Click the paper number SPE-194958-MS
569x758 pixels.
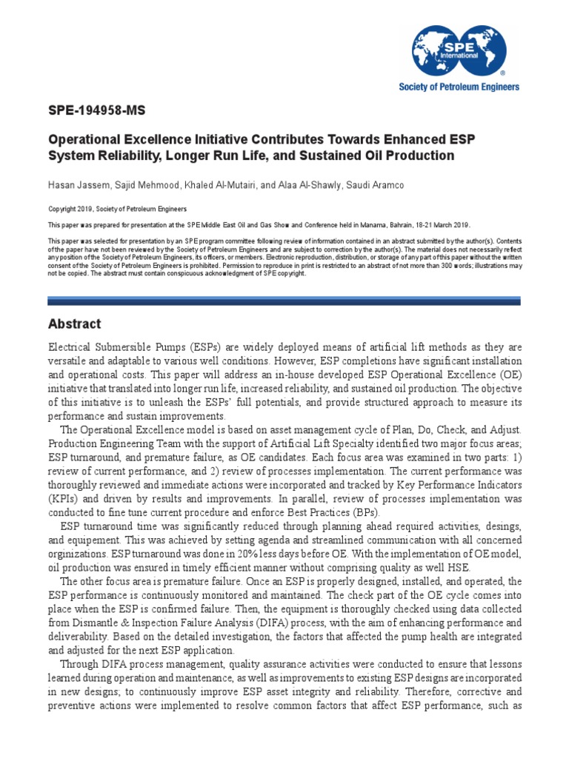pyautogui.click(x=97, y=111)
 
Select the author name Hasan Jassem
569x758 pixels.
pyautogui.click(x=78, y=184)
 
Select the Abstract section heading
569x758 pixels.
pyautogui.click(x=74, y=324)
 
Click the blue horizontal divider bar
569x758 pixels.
pyautogui.click(x=284, y=301)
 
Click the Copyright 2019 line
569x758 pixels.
pyautogui.click(x=117, y=209)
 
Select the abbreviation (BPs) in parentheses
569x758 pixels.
pyautogui.click(x=362, y=512)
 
